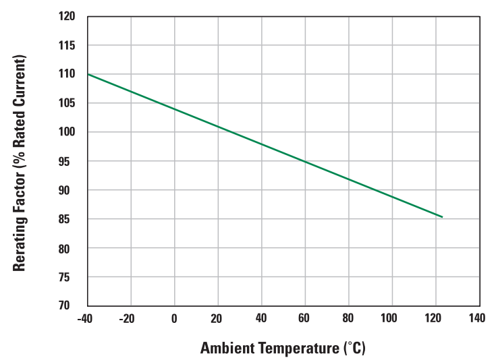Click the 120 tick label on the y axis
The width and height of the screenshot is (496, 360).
click(x=67, y=16)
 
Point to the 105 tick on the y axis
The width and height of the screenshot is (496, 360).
click(x=67, y=103)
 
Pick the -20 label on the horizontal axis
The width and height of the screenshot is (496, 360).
click(x=128, y=318)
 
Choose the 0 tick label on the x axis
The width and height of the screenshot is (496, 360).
click(x=174, y=318)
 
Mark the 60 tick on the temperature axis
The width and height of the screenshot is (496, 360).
click(x=305, y=318)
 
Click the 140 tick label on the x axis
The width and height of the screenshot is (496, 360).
click(x=477, y=318)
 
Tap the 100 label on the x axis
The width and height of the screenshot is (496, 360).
click(x=391, y=318)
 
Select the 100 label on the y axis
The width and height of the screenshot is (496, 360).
click(x=67, y=132)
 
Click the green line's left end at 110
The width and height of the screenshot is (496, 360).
click(x=88, y=74)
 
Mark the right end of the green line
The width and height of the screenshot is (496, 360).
click(x=442, y=217)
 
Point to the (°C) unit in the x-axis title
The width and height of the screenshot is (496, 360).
click(x=355, y=349)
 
